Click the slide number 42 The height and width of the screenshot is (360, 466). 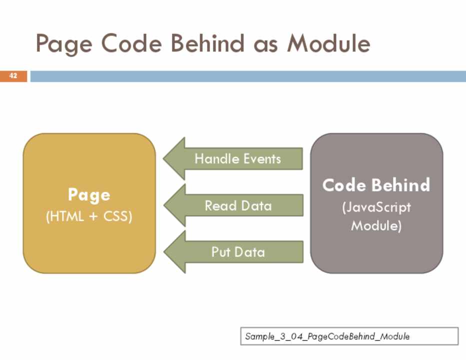coord(13,76)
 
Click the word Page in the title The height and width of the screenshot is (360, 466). coord(63,44)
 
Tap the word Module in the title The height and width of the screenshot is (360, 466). coord(328,44)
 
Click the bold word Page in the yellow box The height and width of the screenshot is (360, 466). coord(89,194)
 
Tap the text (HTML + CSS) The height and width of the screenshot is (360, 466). coord(89,217)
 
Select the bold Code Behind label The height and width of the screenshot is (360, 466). coord(376,185)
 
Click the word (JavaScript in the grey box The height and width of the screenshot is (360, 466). coord(376,207)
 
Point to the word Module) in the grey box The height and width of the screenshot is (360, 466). coord(376,225)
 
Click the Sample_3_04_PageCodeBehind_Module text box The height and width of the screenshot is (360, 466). coord(349,336)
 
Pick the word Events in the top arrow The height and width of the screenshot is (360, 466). coord(259,159)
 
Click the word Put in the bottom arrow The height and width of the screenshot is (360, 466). coord(220,251)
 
